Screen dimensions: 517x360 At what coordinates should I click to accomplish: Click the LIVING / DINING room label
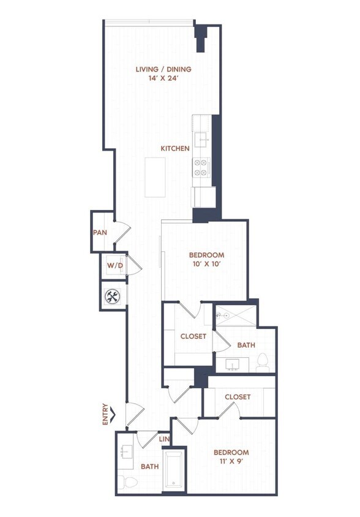(x=163, y=69)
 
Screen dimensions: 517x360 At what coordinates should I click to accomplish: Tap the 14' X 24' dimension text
(x=163, y=79)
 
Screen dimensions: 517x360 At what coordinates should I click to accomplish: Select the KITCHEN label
(x=174, y=149)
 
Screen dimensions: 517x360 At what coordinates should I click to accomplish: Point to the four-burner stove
(x=201, y=167)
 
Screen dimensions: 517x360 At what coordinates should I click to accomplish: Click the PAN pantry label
(x=100, y=233)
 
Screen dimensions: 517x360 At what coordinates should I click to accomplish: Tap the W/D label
(x=114, y=266)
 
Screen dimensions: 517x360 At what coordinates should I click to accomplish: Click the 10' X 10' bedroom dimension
(x=206, y=265)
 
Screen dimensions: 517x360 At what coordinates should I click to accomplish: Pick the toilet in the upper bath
(x=263, y=363)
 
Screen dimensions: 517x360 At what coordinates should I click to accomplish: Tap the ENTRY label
(x=106, y=413)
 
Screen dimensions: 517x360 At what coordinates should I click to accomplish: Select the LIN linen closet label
(x=164, y=440)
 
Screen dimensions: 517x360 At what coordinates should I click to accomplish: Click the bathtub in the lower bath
(x=175, y=471)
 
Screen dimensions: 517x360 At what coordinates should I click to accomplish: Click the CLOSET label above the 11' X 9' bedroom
(x=238, y=397)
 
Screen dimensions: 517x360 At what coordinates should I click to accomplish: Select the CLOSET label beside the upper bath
(x=193, y=336)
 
